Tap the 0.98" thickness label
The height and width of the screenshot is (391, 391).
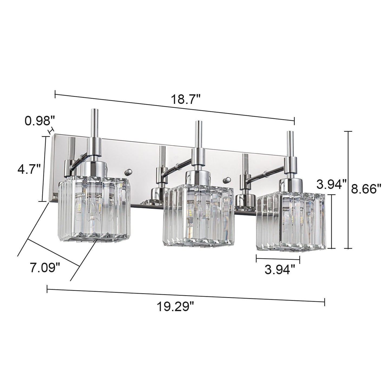pos(40,121)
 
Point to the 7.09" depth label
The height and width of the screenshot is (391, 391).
pos(45,268)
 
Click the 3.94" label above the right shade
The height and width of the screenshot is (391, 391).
pos(331,185)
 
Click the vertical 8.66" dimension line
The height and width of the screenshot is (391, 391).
pos(348,189)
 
